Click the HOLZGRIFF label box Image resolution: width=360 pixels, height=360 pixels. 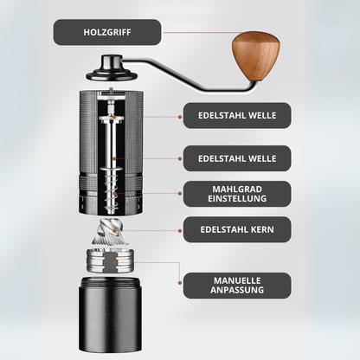pos(107,32)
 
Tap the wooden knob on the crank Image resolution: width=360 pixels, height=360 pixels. pos(256,56)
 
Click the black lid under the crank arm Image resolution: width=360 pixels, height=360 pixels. pos(112,68)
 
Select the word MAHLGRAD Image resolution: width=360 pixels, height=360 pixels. pos(237,190)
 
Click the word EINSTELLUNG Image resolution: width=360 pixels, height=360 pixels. pos(237,199)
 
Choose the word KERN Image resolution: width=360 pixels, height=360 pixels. pos(262,229)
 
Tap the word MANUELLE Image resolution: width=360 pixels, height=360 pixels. pos(237,280)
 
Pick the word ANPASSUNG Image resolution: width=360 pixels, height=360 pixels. pos(237,290)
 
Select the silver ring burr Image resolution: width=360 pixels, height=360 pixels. pos(111,261)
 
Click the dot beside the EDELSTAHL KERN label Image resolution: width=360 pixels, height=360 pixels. pos(180,231)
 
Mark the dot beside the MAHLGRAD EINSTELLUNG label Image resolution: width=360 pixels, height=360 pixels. pos(180,194)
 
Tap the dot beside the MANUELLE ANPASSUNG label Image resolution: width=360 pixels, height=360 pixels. pos(180,283)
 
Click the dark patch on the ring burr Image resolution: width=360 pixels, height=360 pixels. pos(111,262)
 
